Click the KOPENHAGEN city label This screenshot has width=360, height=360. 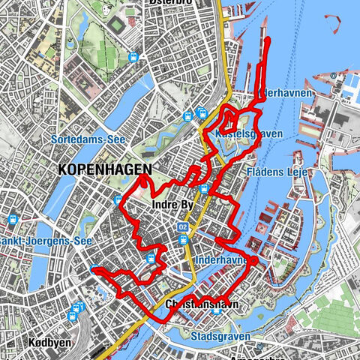[x=104, y=170]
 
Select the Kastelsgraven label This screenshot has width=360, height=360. [x=238, y=134]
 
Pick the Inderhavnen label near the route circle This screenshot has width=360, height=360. [x=219, y=260]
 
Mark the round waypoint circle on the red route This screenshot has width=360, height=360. [x=253, y=260]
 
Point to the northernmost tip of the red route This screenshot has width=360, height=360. [x=268, y=37]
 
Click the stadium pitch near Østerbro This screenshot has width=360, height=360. [x=118, y=25]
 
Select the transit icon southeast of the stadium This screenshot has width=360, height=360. [x=133, y=57]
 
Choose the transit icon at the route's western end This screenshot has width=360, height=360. [x=94, y=270]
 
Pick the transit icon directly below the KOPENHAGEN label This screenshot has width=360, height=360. [x=118, y=199]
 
